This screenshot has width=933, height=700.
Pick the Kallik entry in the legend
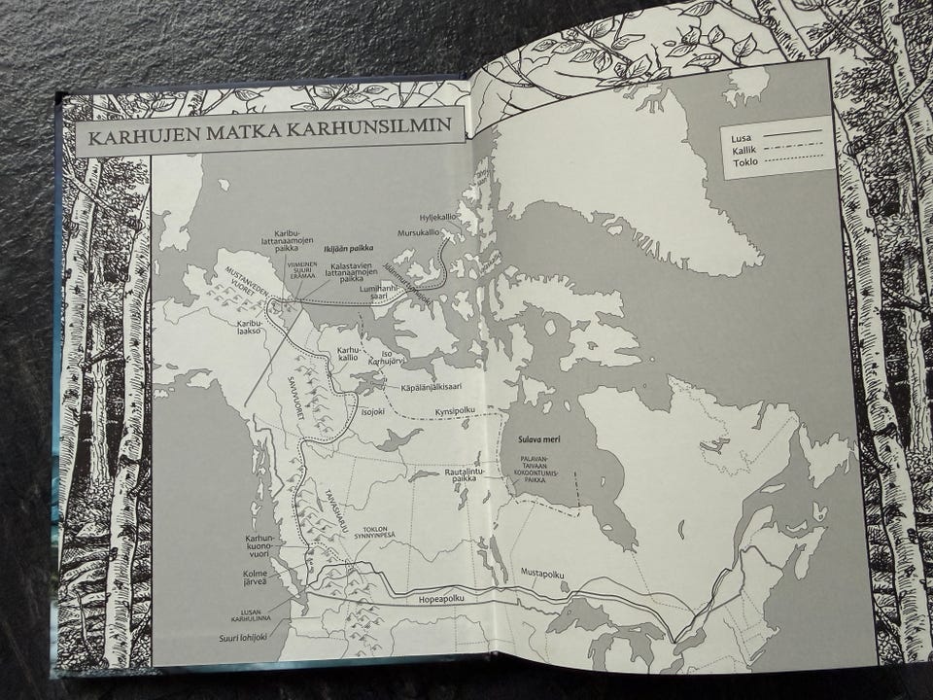745,150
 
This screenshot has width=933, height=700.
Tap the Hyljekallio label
440,216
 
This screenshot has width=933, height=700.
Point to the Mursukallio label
420,233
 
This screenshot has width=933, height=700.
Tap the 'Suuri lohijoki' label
244,639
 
